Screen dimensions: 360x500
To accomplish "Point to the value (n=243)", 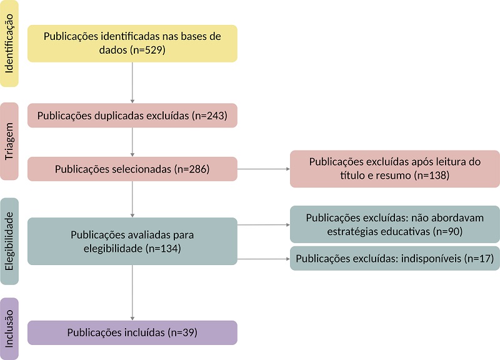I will [x=207, y=116].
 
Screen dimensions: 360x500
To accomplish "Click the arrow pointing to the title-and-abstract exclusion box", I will [x=262, y=169].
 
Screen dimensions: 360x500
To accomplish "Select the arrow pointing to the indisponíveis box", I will [x=262, y=258].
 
